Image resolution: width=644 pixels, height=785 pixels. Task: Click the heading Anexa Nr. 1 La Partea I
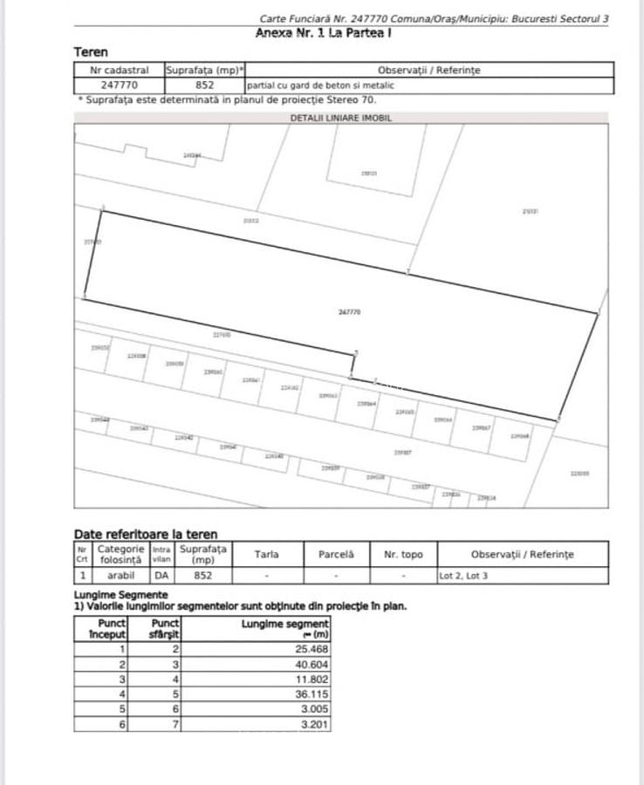click(322, 33)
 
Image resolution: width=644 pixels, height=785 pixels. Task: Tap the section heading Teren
click(91, 52)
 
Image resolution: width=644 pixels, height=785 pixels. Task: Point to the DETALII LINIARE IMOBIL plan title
click(341, 117)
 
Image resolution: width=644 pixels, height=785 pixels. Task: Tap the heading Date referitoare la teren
click(146, 534)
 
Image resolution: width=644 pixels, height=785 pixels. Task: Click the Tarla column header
click(266, 554)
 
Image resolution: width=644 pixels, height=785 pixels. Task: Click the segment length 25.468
click(312, 649)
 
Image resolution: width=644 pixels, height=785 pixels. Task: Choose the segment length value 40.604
click(312, 664)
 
